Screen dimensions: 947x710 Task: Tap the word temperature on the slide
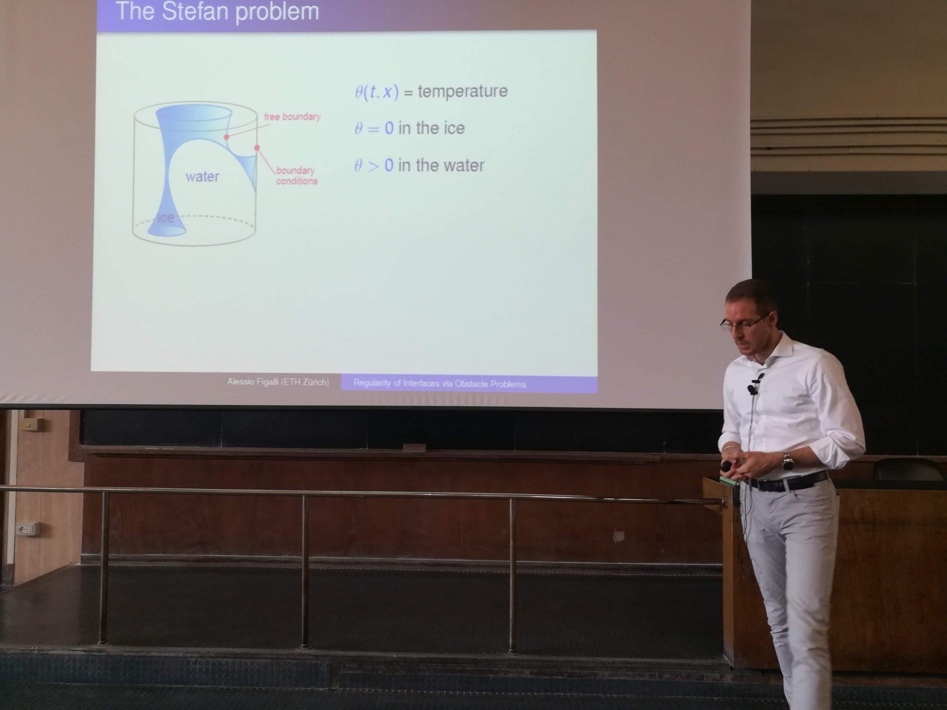click(462, 91)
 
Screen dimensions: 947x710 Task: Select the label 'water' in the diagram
click(202, 177)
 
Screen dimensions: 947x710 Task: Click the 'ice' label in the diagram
click(166, 217)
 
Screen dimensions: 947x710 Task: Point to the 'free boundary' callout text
click(292, 117)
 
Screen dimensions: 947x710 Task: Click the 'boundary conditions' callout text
click(296, 176)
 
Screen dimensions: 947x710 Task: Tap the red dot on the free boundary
click(226, 137)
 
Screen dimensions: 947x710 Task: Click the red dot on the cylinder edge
click(256, 147)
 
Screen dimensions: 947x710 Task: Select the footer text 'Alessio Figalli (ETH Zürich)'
click(278, 382)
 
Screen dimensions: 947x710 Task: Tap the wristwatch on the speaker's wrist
click(787, 462)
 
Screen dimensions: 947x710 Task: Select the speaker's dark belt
click(788, 482)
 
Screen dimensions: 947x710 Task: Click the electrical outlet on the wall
click(26, 530)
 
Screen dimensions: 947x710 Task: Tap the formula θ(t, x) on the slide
click(376, 92)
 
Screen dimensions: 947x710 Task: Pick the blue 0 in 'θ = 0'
click(389, 128)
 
